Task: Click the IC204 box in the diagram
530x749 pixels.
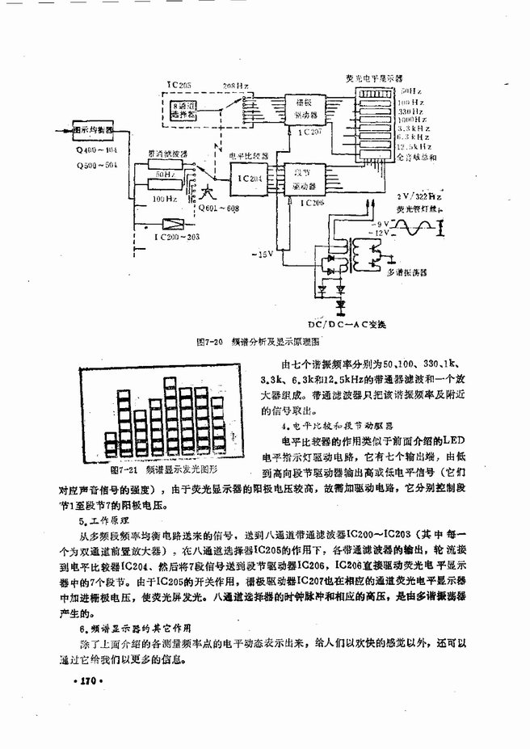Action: [245, 178]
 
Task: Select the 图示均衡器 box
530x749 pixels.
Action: [91, 128]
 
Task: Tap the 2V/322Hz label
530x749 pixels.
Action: [419, 196]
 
